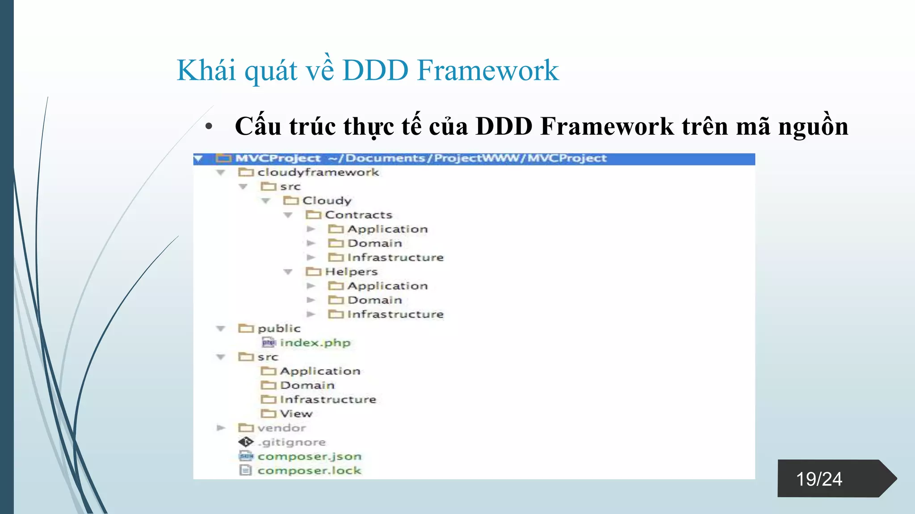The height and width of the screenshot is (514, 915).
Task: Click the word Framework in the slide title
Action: pyautogui.click(x=487, y=70)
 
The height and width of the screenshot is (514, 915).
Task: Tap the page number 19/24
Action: pyautogui.click(x=819, y=479)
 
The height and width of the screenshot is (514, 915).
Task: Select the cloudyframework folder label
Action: pyautogui.click(x=318, y=172)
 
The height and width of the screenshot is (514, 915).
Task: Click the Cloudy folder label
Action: pyautogui.click(x=327, y=201)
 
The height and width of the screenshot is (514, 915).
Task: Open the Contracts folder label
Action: pyautogui.click(x=358, y=215)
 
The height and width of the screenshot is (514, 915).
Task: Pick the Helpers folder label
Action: pyautogui.click(x=351, y=272)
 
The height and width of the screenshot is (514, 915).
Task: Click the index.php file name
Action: pyautogui.click(x=315, y=343)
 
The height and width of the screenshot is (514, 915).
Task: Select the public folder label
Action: pyautogui.click(x=279, y=328)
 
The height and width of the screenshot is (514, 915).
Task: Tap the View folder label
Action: pyautogui.click(x=296, y=414)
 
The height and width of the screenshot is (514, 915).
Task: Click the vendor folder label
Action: pyautogui.click(x=281, y=428)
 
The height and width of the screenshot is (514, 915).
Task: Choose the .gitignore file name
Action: pyautogui.click(x=292, y=442)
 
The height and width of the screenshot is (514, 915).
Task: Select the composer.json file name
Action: pyautogui.click(x=309, y=456)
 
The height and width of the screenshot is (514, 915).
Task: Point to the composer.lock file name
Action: pyautogui.click(x=309, y=471)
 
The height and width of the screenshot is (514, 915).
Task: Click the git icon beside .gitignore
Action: pyautogui.click(x=245, y=442)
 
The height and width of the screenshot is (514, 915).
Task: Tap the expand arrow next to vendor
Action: pyautogui.click(x=221, y=428)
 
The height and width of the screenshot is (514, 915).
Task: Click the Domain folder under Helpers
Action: pyautogui.click(x=374, y=300)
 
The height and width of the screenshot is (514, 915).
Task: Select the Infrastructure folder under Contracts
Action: pyautogui.click(x=395, y=257)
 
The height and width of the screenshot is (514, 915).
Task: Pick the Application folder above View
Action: pyautogui.click(x=320, y=371)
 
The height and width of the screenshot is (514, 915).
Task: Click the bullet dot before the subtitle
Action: pyautogui.click(x=209, y=127)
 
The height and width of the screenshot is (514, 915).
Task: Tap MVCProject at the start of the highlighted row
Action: pyautogui.click(x=278, y=158)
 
